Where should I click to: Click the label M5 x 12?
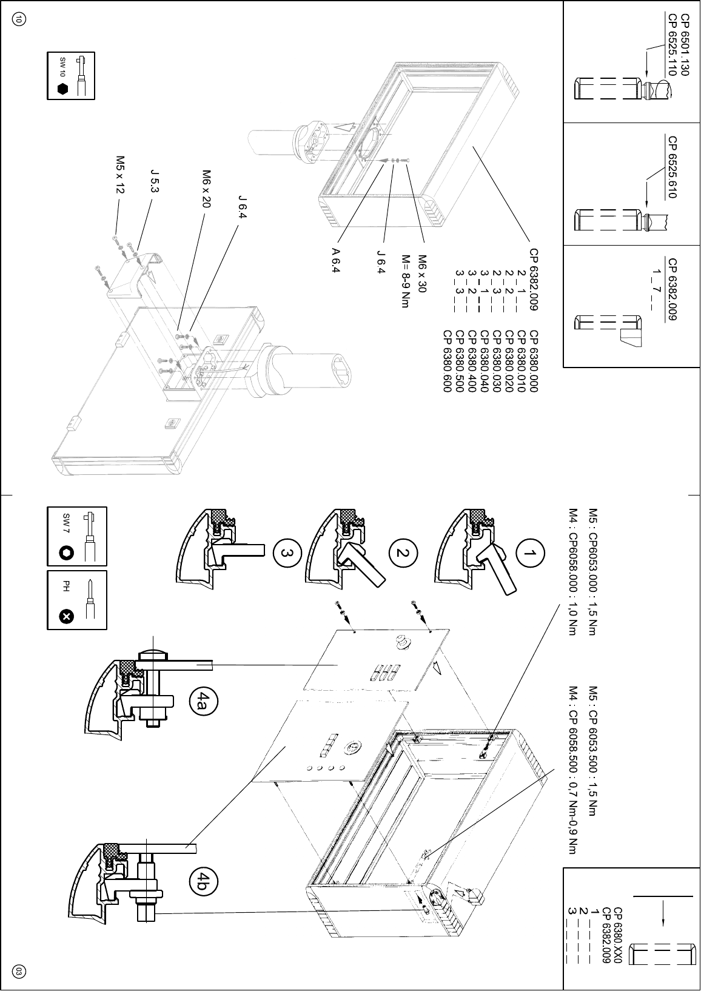tap(120, 175)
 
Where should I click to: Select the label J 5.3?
tap(154, 181)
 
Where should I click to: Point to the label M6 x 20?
tap(206, 189)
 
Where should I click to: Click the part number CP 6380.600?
tap(448, 361)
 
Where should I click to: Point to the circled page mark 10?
tap(19, 20)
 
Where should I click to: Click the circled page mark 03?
tap(19, 972)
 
